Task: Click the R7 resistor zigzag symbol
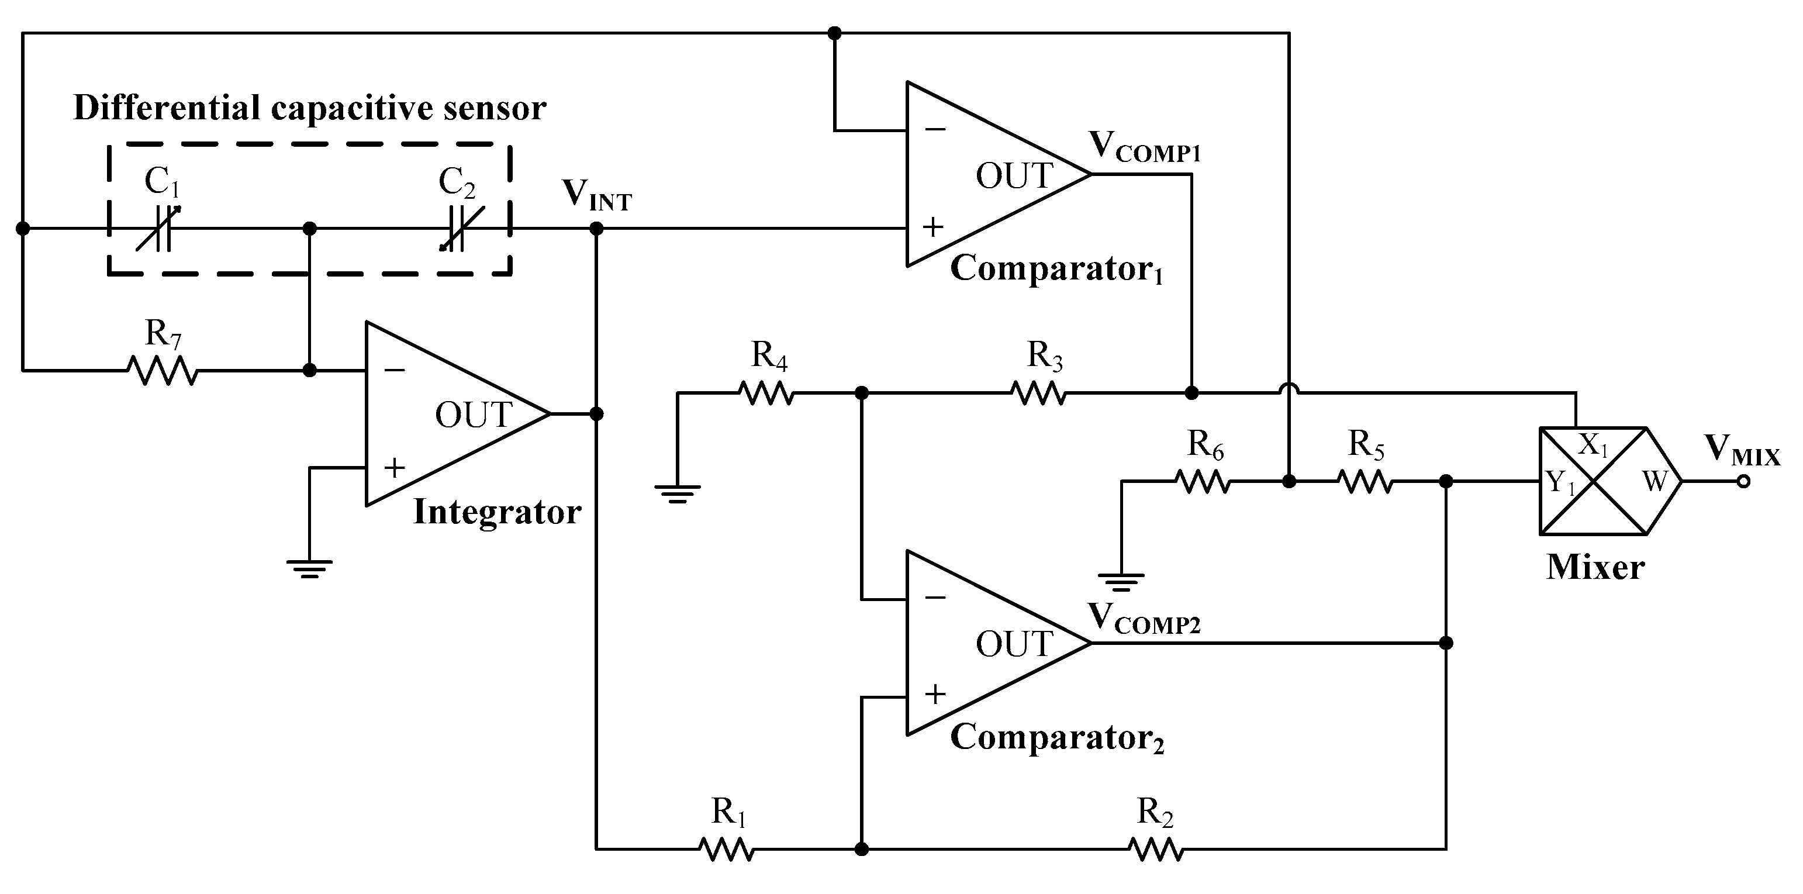(x=163, y=370)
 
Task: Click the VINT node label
(x=596, y=195)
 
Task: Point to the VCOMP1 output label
(x=1144, y=147)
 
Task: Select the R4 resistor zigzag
(x=766, y=394)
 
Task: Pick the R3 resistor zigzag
(x=1039, y=394)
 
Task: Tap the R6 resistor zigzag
(x=1202, y=482)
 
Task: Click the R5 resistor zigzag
(x=1365, y=482)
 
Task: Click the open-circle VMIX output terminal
(x=1743, y=482)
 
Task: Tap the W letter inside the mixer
(x=1654, y=482)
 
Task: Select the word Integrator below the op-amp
(x=497, y=512)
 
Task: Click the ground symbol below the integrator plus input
(x=309, y=568)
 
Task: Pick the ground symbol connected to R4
(x=677, y=493)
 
